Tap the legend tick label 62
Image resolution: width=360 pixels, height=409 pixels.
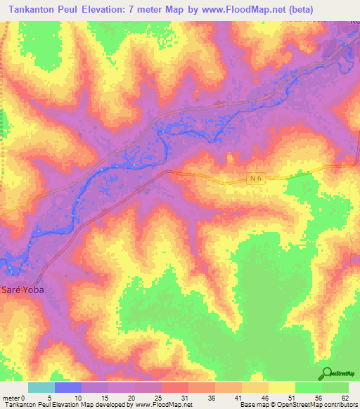pyautogui.click(x=345, y=397)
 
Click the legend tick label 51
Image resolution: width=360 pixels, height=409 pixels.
pyautogui.click(x=291, y=397)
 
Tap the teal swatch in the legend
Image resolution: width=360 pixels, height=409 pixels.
pyautogui.click(x=41, y=387)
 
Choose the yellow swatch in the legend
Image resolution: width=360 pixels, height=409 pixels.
pyautogui.click(x=281, y=387)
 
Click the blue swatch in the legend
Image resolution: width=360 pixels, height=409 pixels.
pyautogui.click(x=68, y=387)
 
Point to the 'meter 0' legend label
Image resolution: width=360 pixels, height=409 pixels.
pyautogui.click(x=13, y=397)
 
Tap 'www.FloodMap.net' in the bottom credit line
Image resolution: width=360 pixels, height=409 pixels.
pyautogui.click(x=162, y=405)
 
